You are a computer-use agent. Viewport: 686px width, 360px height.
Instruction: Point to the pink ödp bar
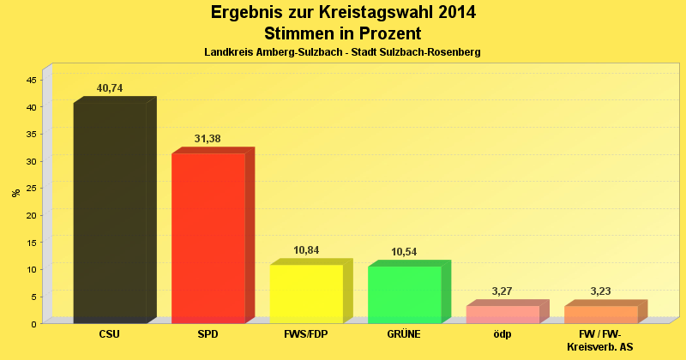(x=502, y=314)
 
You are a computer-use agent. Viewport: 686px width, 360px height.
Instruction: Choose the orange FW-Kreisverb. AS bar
(x=600, y=314)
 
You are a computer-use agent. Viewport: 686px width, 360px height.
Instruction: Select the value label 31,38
(x=208, y=139)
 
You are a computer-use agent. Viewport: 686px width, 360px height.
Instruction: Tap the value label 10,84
(x=306, y=250)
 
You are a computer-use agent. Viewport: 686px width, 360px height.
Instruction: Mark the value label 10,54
(x=404, y=252)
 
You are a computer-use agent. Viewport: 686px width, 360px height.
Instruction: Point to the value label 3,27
(x=502, y=291)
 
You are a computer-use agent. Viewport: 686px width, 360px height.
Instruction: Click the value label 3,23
(x=600, y=291)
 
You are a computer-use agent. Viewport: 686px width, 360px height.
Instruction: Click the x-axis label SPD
(x=208, y=334)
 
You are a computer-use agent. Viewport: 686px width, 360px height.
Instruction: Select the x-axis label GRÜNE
(x=404, y=334)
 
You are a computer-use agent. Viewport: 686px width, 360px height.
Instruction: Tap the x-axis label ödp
(x=502, y=334)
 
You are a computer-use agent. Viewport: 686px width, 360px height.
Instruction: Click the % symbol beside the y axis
(x=15, y=193)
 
